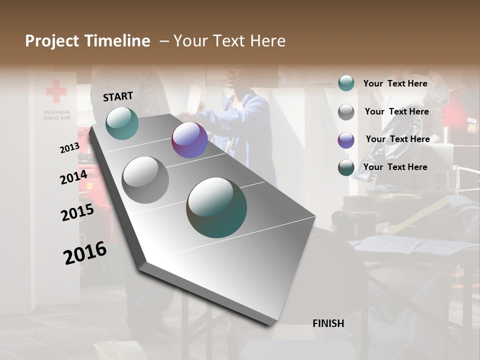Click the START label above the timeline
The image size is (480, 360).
pos(118,96)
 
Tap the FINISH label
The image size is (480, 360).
pos(328,323)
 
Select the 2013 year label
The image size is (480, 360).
pos(69,148)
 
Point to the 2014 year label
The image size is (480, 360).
pos(73,177)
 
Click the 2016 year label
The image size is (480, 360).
pos(85,253)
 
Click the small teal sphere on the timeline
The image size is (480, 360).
pos(122,123)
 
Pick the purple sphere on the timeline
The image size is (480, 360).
pos(189,140)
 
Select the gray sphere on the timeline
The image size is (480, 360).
pos(145,179)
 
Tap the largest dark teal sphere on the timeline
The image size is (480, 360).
pos(216,207)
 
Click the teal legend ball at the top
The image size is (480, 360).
pos(346,83)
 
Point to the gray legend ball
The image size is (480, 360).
pos(346,112)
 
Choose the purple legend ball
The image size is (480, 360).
pos(346,140)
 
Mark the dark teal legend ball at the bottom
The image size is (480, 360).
pos(346,168)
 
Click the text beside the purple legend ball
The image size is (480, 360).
pos(397,139)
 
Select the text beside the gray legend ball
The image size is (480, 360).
pos(396,111)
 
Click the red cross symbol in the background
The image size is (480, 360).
pos(56,92)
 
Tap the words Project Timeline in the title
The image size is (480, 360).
pos(87,41)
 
